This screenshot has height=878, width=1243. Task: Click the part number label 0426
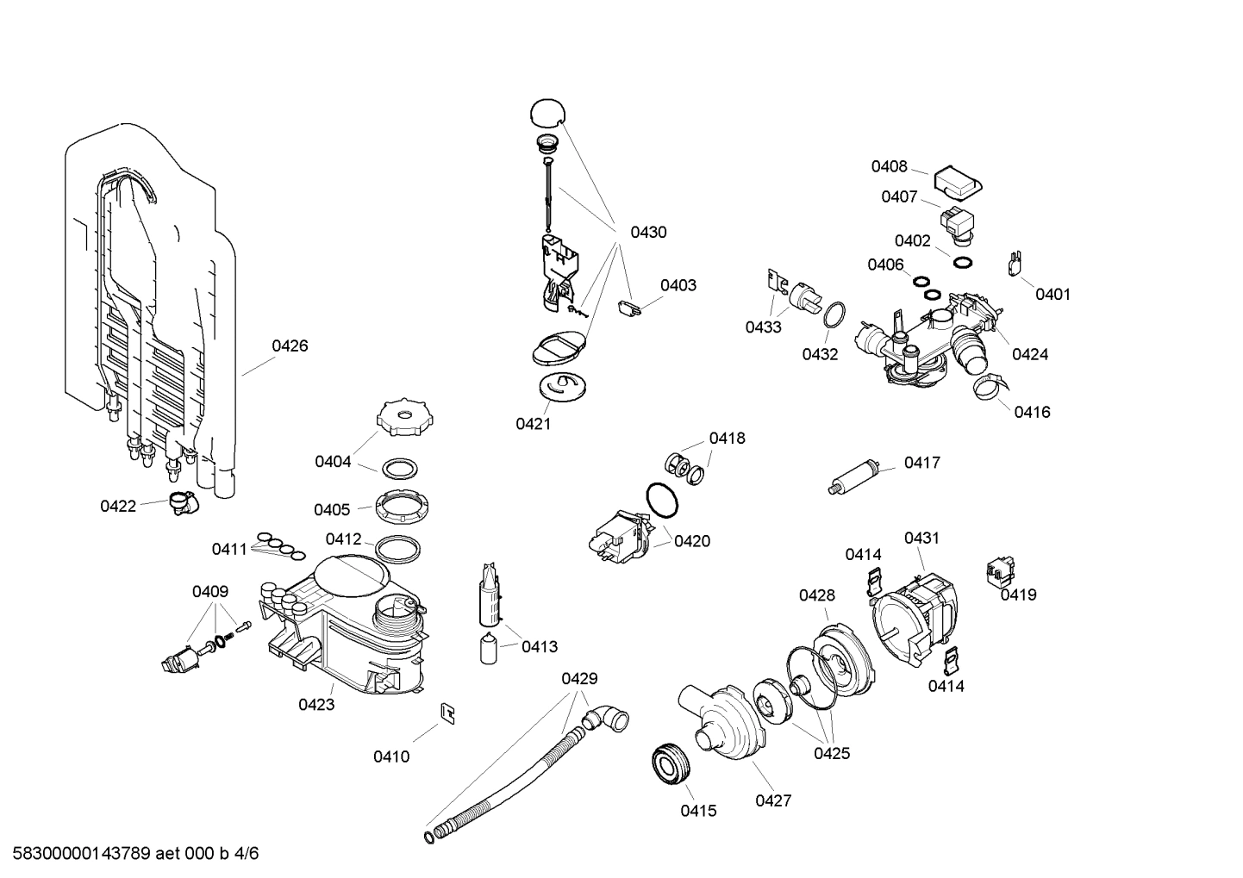click(x=290, y=346)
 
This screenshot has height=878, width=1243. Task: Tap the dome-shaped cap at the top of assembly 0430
click(x=547, y=113)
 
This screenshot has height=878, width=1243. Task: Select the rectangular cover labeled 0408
click(x=959, y=180)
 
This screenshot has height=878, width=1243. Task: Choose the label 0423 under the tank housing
click(x=316, y=705)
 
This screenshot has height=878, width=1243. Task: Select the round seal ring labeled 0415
click(x=671, y=763)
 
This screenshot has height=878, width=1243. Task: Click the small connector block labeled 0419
click(x=1000, y=570)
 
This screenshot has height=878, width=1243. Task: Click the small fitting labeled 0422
click(x=181, y=501)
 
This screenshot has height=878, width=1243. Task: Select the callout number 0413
click(x=540, y=646)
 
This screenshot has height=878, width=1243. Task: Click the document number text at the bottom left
click(x=130, y=854)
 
